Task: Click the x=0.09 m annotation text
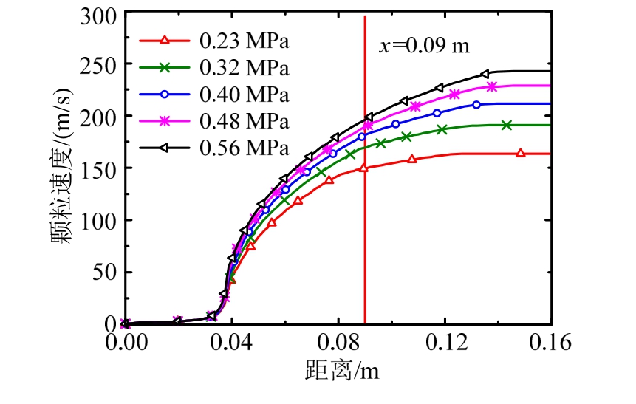pyautogui.click(x=425, y=47)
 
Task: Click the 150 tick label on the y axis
pyautogui.click(x=99, y=168)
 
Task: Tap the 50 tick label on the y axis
pyautogui.click(x=105, y=272)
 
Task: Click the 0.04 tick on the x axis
pyautogui.click(x=232, y=344)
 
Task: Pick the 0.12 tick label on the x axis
pyautogui.click(x=445, y=344)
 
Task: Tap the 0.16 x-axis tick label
pyautogui.click(x=551, y=344)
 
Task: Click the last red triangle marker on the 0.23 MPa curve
pyautogui.click(x=520, y=153)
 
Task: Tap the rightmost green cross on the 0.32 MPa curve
pyautogui.click(x=506, y=125)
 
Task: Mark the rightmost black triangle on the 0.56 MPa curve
pyautogui.click(x=484, y=74)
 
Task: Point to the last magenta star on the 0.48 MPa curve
pyautogui.click(x=492, y=87)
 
